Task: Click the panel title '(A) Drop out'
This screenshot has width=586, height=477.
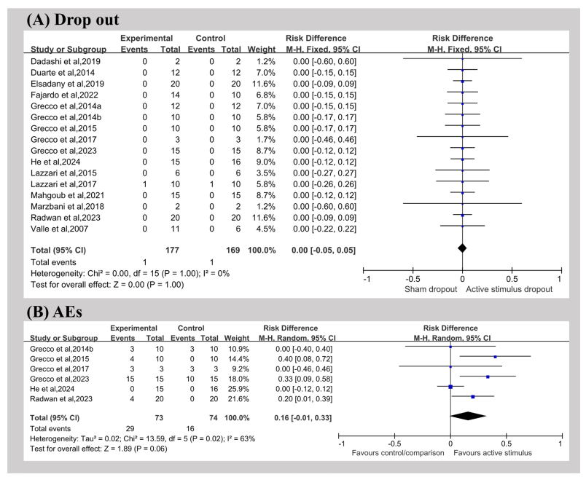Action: coord(72,20)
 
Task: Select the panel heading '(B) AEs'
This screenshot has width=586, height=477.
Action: coord(54,312)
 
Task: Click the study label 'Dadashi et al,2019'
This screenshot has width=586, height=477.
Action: coord(66,62)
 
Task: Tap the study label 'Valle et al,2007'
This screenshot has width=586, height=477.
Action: coord(60,229)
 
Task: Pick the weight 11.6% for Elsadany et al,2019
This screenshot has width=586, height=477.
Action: coord(264,84)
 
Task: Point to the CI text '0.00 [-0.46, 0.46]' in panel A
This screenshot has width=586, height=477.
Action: coord(324,140)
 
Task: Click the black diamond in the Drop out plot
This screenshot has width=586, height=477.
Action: coord(462,248)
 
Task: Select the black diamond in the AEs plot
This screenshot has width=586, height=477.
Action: coord(468,416)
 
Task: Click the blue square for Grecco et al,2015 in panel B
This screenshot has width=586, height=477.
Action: coord(495,357)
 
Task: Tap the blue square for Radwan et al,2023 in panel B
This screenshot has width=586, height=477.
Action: coord(473,397)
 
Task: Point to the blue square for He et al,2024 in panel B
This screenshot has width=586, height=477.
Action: coord(450,387)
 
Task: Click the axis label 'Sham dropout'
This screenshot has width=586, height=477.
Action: coord(431,290)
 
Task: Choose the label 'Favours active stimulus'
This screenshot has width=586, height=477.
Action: coord(493,453)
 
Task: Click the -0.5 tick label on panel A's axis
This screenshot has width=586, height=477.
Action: coord(413,280)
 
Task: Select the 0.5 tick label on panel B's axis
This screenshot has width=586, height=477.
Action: coord(507,444)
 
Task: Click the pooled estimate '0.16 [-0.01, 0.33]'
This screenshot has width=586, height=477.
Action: coord(302,418)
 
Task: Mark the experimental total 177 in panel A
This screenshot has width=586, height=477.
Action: coord(172,251)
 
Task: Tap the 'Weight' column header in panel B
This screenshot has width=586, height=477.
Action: coord(237,338)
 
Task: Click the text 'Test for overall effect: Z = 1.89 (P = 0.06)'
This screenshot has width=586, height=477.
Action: coord(98,449)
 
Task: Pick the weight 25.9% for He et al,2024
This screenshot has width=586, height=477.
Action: coord(238,389)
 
